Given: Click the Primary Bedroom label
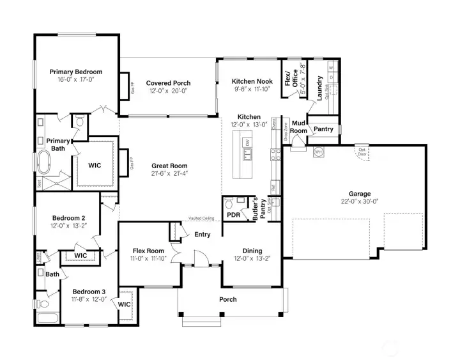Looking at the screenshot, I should click(75, 72).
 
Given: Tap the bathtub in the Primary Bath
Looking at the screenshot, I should click(44, 163).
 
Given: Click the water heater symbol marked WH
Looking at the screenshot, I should click(318, 152).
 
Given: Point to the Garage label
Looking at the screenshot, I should click(359, 194).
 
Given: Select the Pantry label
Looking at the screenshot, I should click(323, 129).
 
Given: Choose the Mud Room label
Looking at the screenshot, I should click(298, 127).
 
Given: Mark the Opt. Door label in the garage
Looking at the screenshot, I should click(362, 152).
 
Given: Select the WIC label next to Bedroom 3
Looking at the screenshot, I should click(124, 304).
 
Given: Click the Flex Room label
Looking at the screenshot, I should click(148, 251).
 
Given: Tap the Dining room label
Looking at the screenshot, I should click(252, 251).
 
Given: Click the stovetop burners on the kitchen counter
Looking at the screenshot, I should click(275, 154).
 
